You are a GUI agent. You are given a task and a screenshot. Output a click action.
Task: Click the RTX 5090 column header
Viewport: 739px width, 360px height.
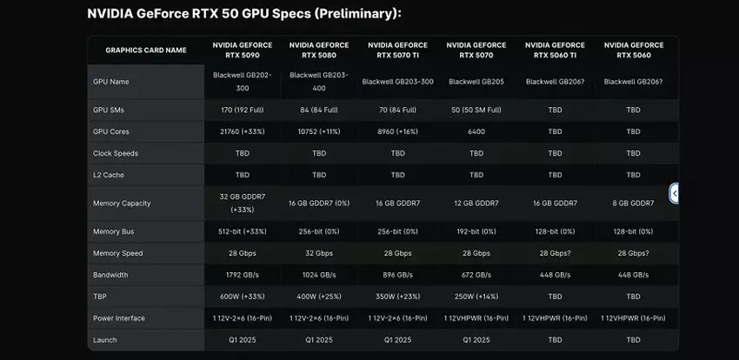(243, 50)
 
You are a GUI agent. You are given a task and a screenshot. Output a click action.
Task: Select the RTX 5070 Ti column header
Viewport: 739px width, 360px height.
(397, 50)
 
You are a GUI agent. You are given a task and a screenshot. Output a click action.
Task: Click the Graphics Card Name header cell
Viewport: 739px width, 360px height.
(146, 50)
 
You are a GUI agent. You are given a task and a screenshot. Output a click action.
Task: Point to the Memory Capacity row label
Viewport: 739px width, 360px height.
(122, 203)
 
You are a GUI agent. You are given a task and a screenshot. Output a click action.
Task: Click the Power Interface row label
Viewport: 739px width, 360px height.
(119, 318)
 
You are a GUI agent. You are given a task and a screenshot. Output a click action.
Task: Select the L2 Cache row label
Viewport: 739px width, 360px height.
(110, 174)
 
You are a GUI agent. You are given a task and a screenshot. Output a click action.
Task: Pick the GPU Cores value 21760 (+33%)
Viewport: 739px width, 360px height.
(243, 131)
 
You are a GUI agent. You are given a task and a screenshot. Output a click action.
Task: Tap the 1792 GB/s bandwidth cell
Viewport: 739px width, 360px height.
(243, 274)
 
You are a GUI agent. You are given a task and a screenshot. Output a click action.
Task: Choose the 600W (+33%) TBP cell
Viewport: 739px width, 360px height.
(243, 297)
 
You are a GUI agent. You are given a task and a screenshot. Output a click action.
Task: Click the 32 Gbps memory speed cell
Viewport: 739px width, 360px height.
(319, 253)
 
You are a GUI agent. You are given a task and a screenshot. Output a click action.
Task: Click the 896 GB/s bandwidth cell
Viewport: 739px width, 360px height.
(397, 274)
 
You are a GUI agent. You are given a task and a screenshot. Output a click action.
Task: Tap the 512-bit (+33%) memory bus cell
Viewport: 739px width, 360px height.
(243, 231)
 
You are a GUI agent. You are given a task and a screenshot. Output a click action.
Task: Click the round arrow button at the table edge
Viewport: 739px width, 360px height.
(674, 193)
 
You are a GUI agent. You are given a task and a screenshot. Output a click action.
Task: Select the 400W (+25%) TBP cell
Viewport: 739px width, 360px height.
(319, 297)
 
